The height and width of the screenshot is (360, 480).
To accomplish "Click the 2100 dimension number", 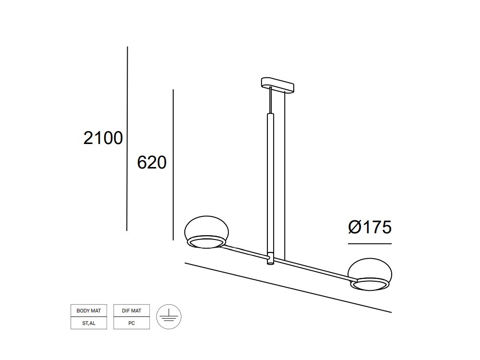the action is pos(103,138).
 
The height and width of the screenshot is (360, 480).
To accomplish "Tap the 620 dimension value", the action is pos(152,162).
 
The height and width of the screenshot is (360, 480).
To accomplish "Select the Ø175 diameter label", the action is pos(370,227).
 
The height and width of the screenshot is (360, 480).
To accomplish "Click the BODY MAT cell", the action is pos(89,311).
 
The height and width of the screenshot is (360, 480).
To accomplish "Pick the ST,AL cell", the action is pos(89,323).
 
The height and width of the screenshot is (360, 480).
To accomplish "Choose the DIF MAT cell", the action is pos(132,311).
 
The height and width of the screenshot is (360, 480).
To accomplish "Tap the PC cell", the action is pos(132,323).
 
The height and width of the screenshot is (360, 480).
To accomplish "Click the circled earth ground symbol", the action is pos(168,317).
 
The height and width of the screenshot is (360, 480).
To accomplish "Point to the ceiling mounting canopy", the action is pos(277,85).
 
